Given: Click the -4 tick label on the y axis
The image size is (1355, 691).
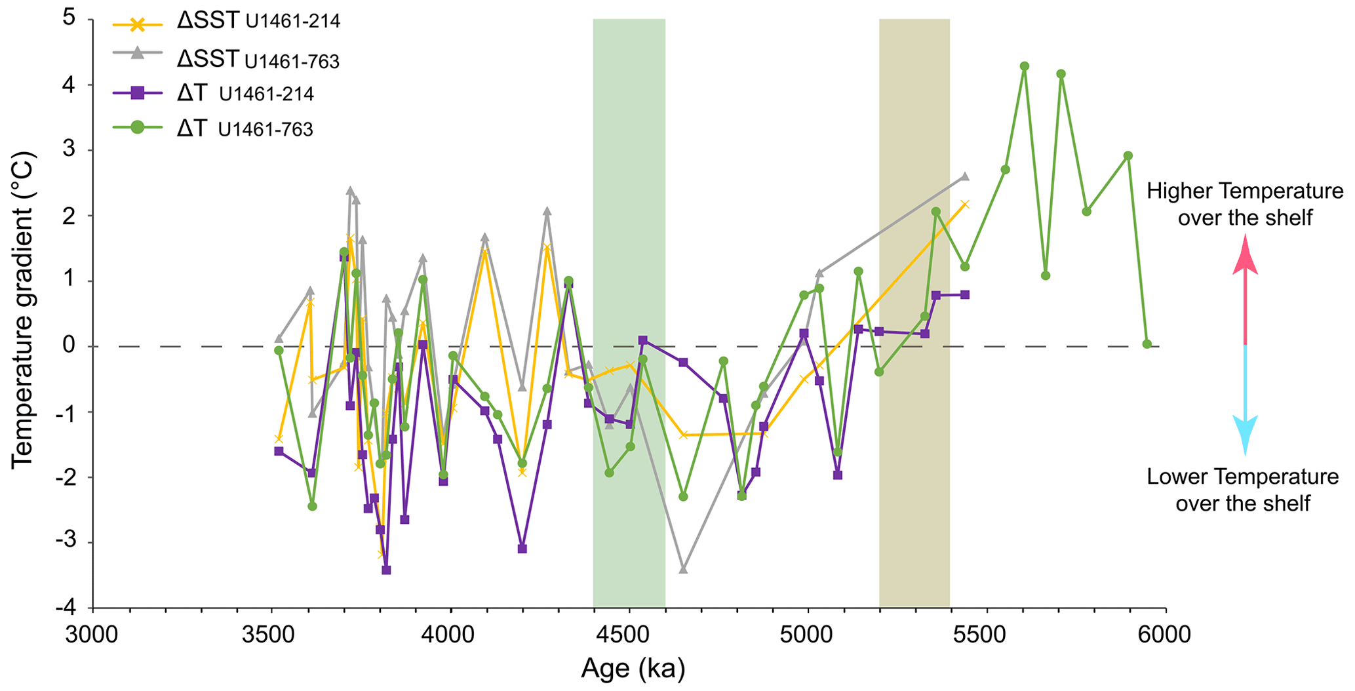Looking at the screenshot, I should coord(64,608).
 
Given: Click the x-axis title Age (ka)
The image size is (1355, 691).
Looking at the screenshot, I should coord(633,669).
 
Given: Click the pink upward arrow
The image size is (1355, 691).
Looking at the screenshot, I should coord(1245,288).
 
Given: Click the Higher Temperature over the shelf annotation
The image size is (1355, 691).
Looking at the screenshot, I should coord(1244,204).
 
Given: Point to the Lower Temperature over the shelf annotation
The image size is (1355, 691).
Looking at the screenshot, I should coord(1242,490).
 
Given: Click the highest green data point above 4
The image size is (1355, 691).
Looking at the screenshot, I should coord(1025,66).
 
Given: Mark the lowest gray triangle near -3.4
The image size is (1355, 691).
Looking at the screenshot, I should coord(683,569).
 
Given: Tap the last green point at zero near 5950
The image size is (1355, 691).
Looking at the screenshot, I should coord(1147,344).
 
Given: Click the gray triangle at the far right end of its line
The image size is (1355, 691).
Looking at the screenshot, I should coord(964,176).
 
